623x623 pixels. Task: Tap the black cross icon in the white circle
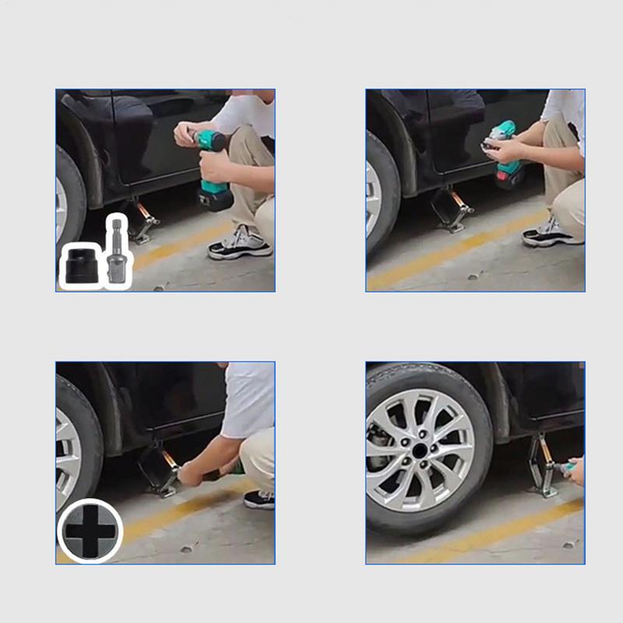pos(90,531)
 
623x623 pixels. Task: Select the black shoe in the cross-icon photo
pos(259,499)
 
